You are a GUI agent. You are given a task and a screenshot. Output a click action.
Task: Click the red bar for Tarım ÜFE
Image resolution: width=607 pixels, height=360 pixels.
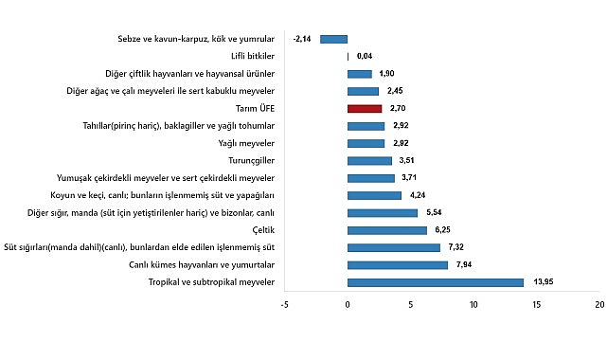(x=365, y=109)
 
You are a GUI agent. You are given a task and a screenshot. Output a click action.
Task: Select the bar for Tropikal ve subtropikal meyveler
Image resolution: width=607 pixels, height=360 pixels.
(x=436, y=282)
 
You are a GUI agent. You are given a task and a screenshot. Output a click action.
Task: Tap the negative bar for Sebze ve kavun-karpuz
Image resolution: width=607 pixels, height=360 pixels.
(x=334, y=39)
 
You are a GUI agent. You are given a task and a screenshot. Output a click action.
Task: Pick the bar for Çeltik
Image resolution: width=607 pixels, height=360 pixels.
(x=387, y=230)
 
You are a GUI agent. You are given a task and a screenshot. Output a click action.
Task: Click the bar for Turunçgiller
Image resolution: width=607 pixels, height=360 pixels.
(x=369, y=161)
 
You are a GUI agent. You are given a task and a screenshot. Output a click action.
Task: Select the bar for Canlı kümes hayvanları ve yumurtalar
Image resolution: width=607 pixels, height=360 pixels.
(x=398, y=265)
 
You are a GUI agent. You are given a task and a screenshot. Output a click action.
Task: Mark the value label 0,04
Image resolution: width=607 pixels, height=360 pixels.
(x=365, y=57)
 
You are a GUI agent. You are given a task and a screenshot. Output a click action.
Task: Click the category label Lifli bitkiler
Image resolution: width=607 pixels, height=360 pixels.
(x=256, y=57)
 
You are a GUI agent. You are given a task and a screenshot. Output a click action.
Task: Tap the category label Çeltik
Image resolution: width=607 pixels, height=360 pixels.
(x=263, y=230)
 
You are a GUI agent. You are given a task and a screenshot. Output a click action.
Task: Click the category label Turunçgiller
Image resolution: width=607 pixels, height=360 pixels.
(x=250, y=161)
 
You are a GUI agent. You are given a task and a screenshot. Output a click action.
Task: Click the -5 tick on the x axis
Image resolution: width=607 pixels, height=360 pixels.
(x=285, y=305)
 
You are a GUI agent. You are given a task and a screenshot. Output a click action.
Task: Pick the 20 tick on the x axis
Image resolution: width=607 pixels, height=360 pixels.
(x=599, y=305)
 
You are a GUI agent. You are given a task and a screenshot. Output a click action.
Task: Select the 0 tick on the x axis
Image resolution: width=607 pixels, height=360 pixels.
(x=348, y=305)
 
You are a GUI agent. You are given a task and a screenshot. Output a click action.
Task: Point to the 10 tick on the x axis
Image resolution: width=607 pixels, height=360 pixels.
(x=473, y=305)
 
